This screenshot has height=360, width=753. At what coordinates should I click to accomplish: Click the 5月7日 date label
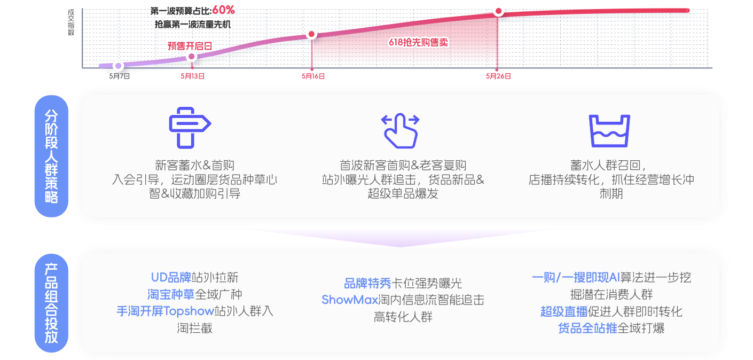pyautogui.click(x=119, y=76)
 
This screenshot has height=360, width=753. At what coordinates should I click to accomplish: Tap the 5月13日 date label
pyautogui.click(x=192, y=76)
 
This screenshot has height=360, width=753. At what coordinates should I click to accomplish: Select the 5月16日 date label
pyautogui.click(x=313, y=76)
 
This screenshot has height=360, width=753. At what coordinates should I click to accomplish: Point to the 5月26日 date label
pyautogui.click(x=498, y=76)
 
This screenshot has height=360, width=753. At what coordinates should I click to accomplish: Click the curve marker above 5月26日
pyautogui.click(x=498, y=11)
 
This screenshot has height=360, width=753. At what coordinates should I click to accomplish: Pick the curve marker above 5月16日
pyautogui.click(x=312, y=34)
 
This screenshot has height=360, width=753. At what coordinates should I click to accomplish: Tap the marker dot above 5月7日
pyautogui.click(x=118, y=66)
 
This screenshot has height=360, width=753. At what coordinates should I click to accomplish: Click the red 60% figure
pyautogui.click(x=224, y=10)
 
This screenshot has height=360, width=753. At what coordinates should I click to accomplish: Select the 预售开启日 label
pyautogui.click(x=190, y=46)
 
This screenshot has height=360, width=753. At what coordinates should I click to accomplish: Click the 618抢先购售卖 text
pyautogui.click(x=419, y=42)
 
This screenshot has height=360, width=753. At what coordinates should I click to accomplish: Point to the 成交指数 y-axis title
pyautogui.click(x=71, y=22)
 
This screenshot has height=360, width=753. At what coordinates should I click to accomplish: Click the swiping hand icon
pyautogui.click(x=401, y=131)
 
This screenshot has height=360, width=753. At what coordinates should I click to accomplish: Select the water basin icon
pyautogui.click(x=609, y=131)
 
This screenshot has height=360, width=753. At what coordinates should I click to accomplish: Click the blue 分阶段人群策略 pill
pyautogui.click(x=51, y=156)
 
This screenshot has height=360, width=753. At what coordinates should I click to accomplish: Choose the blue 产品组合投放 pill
pyautogui.click(x=51, y=303)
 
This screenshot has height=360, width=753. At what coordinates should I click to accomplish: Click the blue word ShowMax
pyautogui.click(x=350, y=300)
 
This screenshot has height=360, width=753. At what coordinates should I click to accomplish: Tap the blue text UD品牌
pyautogui.click(x=171, y=278)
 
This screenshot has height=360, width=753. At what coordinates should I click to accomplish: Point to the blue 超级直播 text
pyautogui.click(x=564, y=311)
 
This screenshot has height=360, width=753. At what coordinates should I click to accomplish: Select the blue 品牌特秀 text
pyautogui.click(x=368, y=284)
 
